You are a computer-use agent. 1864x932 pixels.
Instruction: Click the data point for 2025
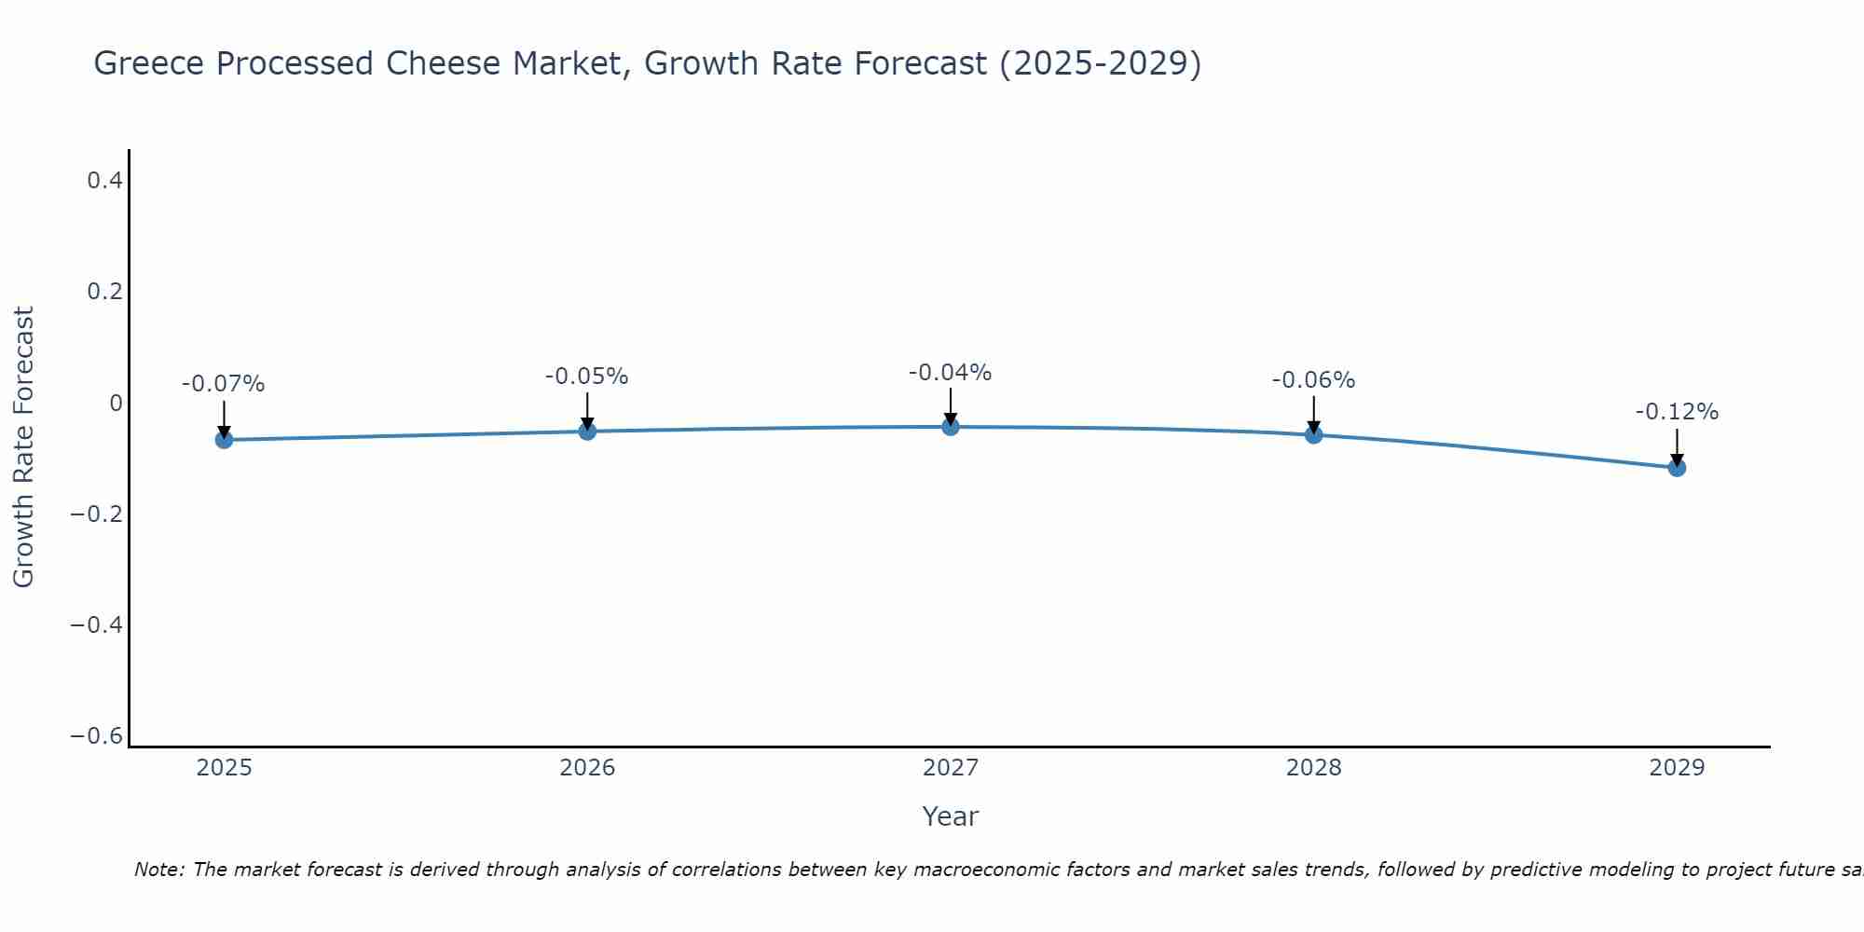tap(224, 439)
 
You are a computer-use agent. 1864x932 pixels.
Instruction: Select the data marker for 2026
tap(587, 431)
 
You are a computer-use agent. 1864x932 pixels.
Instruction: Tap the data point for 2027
tap(951, 427)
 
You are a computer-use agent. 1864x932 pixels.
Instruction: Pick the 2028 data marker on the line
tap(1314, 434)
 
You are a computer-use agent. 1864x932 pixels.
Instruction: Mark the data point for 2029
tap(1677, 467)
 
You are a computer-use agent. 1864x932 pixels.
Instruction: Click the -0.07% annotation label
tap(224, 384)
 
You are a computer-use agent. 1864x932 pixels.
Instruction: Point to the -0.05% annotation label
tap(587, 377)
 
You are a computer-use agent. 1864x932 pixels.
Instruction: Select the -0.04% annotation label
tap(951, 373)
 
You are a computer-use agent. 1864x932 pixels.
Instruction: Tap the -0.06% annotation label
tap(1314, 380)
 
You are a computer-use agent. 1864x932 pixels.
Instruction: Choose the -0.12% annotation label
tap(1677, 412)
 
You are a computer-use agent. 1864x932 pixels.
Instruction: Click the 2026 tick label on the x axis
tap(587, 768)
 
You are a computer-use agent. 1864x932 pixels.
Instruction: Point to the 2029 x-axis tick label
tap(1677, 768)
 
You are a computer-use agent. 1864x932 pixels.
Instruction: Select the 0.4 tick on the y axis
tap(105, 181)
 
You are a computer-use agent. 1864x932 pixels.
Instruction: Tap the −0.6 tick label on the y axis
tap(97, 736)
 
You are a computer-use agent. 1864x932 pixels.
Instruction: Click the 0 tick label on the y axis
tap(116, 404)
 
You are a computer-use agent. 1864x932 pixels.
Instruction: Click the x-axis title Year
tap(951, 816)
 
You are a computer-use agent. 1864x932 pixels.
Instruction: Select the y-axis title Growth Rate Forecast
tap(23, 447)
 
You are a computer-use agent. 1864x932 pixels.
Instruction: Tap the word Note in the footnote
tap(158, 870)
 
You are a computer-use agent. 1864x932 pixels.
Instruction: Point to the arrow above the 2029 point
tap(1677, 445)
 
